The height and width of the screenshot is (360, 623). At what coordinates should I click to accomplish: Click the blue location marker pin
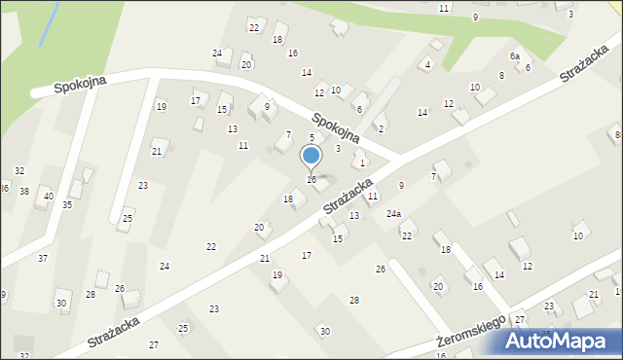311,156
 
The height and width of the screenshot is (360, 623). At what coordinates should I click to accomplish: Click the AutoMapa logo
565,341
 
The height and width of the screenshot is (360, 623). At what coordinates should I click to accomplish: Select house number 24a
393,213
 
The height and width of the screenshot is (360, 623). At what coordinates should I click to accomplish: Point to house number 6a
514,56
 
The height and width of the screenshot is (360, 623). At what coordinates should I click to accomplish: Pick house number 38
24,192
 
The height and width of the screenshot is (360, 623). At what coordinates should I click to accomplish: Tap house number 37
43,258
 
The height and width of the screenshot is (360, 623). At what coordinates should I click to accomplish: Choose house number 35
67,205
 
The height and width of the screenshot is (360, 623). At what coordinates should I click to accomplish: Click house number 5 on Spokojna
311,138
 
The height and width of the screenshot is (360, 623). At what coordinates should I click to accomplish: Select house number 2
381,129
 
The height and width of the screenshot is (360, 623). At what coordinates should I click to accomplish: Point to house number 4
427,65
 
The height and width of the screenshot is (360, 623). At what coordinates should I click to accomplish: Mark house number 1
362,163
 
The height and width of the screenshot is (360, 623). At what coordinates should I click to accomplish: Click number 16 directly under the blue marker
311,179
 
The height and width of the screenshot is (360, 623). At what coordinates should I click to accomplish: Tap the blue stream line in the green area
44,23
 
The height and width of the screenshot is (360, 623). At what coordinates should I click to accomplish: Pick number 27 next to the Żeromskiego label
520,320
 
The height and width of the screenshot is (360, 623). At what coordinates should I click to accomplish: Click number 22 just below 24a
407,235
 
